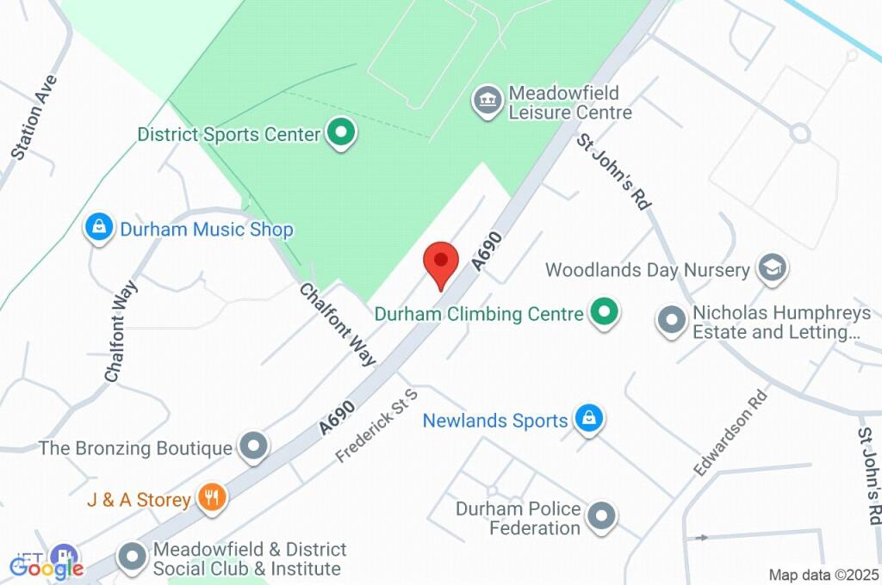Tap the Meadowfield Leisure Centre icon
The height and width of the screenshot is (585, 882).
[x=488, y=101]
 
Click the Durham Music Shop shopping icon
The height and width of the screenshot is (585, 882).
[x=100, y=229]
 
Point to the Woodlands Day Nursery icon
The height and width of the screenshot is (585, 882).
[x=771, y=269]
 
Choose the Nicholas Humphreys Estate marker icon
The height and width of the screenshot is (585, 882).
[x=670, y=322]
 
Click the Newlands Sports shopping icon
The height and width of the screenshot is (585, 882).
[x=588, y=420]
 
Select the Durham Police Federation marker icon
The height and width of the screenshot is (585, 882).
[x=601, y=516]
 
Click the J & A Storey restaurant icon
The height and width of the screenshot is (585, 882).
[x=211, y=498]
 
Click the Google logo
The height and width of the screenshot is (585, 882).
[x=47, y=567]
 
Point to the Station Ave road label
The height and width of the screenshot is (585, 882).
[x=35, y=118]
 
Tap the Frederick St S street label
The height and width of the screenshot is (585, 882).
[x=377, y=426]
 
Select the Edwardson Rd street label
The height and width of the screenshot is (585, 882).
[x=730, y=434]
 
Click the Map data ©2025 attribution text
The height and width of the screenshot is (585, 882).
[x=823, y=575]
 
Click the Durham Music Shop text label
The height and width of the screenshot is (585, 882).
[x=207, y=230]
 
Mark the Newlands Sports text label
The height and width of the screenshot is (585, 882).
[x=495, y=421]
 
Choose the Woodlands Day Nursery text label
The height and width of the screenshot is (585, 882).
[x=648, y=270]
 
